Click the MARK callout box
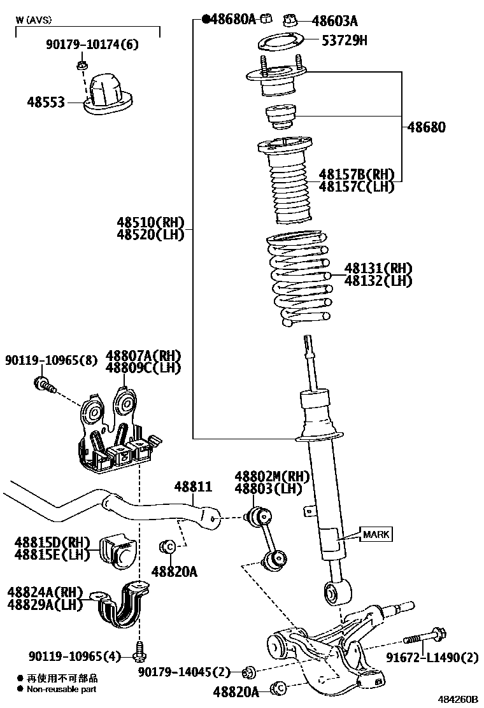[x=376, y=534]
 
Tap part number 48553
[x=46, y=101]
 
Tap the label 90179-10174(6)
[x=92, y=45]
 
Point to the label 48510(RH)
[x=150, y=222]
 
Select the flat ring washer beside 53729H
[x=278, y=44]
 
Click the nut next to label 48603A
[x=290, y=20]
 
